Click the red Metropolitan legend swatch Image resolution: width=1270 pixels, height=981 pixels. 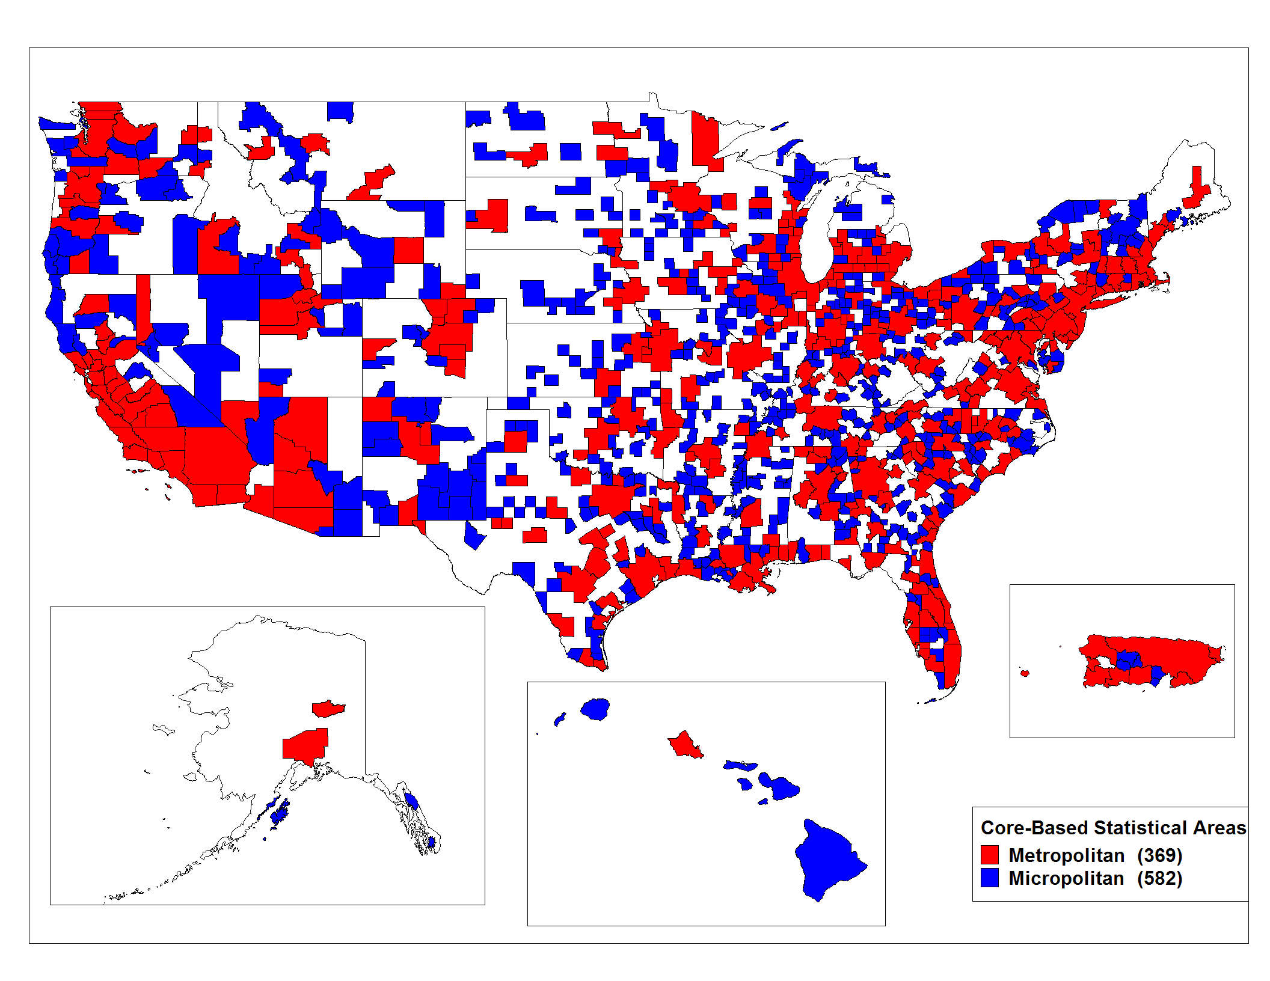tap(989, 855)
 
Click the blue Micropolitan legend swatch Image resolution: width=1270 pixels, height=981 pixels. tap(989, 878)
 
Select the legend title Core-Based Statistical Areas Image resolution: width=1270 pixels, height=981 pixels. tap(1112, 828)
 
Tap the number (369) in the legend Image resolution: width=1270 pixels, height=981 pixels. tap(1159, 855)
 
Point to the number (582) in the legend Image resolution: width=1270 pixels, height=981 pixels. tap(1159, 878)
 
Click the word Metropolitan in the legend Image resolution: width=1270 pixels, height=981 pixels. tap(1066, 855)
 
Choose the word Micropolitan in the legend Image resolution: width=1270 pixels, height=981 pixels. tap(1066, 878)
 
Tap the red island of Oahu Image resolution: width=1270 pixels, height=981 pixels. tap(685, 746)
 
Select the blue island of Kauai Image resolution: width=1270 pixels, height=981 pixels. tap(595, 709)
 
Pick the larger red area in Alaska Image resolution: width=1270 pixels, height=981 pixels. tap(305, 745)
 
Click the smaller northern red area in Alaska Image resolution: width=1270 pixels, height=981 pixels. tap(328, 708)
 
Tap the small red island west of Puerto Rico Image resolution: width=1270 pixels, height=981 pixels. tap(1025, 673)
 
